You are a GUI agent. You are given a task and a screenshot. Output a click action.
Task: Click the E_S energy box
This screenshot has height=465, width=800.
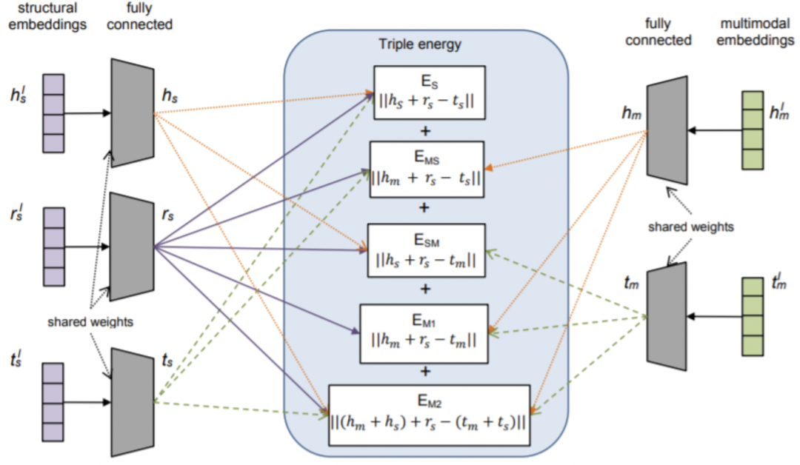point(429,93)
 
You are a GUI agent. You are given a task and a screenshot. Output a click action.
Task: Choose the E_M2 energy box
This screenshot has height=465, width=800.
point(429,415)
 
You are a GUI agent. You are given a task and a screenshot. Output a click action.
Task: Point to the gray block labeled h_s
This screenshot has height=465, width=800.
point(132,113)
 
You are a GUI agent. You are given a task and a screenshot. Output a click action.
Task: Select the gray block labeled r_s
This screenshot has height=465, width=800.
point(131,247)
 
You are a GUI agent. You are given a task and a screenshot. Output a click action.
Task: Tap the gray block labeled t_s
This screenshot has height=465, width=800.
point(131,401)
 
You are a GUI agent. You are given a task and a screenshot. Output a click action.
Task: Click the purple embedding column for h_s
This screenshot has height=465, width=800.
point(53,113)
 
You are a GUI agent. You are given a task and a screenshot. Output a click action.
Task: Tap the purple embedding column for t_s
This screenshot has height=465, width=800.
point(53,402)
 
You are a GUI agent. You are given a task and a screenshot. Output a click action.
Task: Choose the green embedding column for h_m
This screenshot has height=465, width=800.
point(752,130)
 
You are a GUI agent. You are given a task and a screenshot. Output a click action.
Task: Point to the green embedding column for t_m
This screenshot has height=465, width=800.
point(752,317)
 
